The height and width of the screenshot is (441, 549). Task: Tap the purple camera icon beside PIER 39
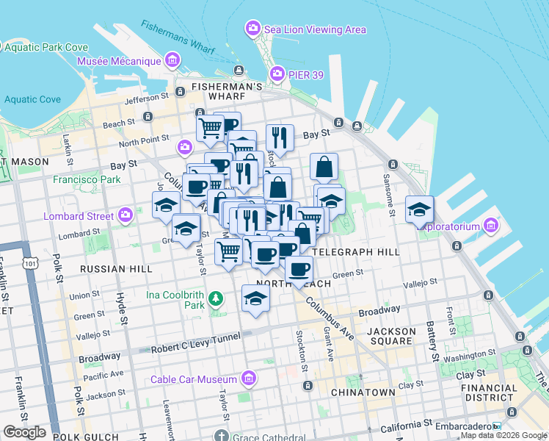tap(277, 73)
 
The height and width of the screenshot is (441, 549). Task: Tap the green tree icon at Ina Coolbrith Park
tap(215, 298)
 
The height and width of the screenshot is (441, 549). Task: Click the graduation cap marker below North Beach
tap(255, 298)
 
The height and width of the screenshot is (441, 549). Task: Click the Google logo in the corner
tap(25, 432)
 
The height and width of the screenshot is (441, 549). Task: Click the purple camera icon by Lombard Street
tap(126, 215)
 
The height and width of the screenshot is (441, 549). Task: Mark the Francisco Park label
tap(87, 179)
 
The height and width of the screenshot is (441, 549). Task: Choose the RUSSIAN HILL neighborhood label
tap(112, 269)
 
